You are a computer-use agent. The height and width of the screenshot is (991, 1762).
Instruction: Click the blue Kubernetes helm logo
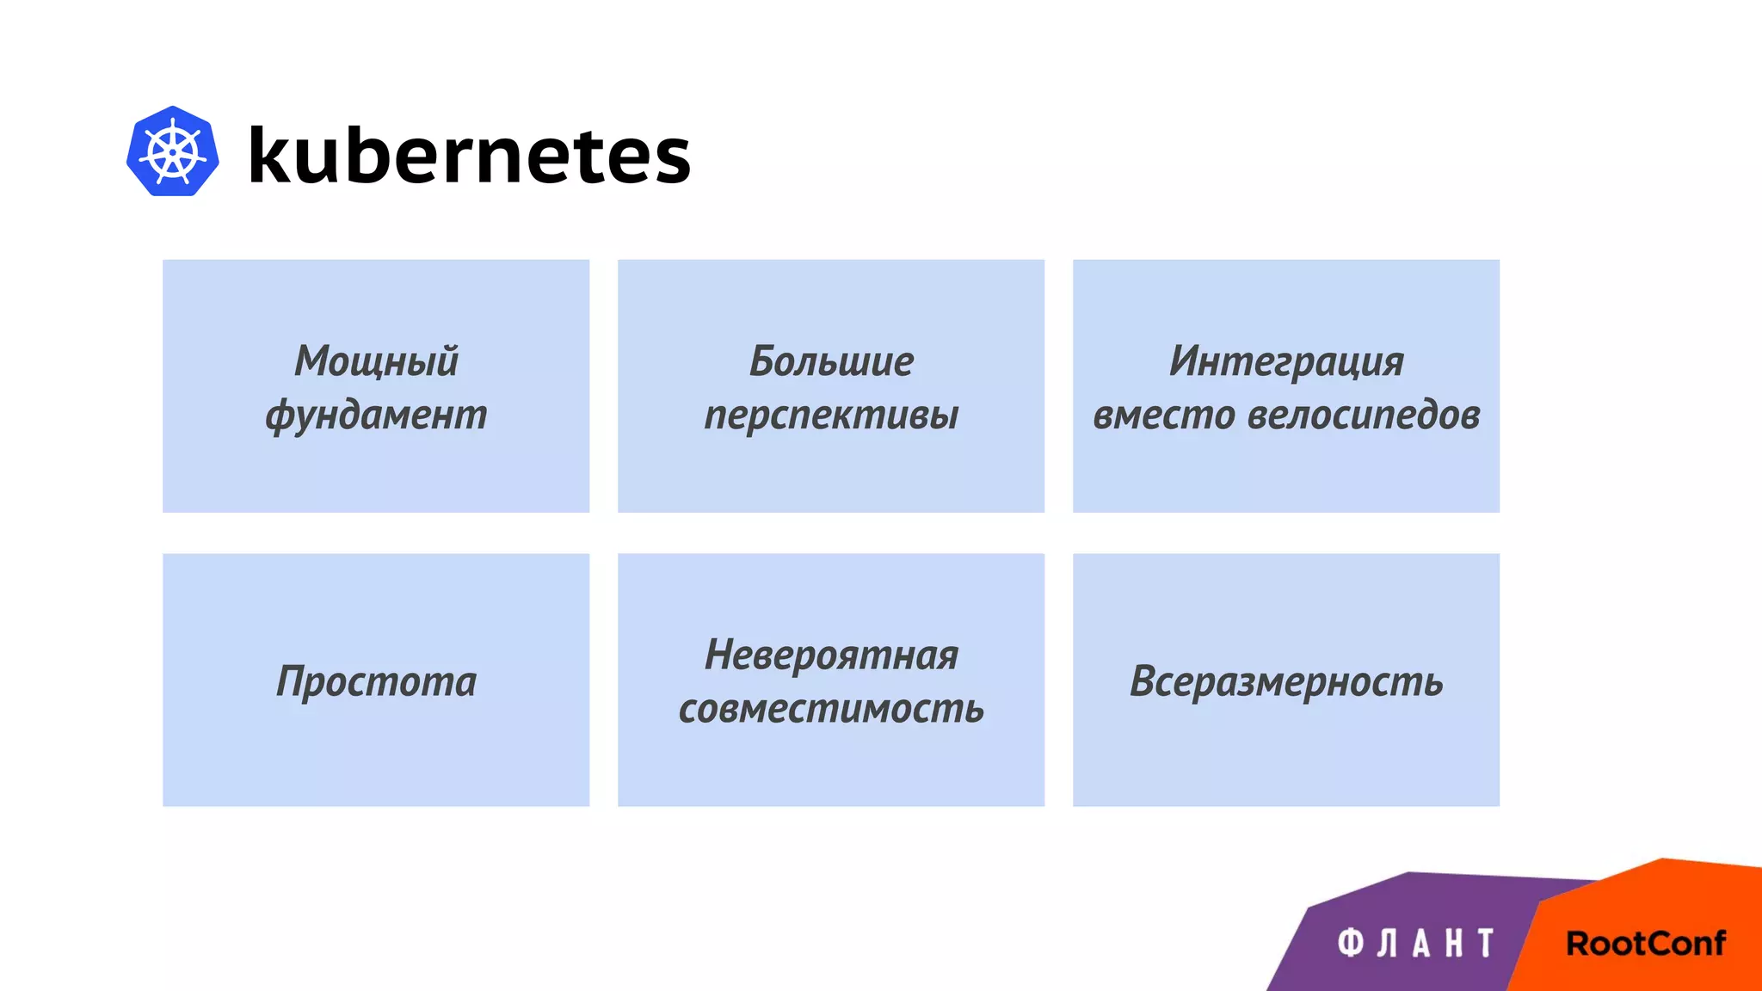[x=172, y=151]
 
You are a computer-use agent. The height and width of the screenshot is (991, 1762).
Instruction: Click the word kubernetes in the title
[x=469, y=155]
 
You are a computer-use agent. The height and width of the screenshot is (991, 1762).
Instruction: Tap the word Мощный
[x=376, y=360]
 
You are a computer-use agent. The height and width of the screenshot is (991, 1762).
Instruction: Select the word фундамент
[x=376, y=415]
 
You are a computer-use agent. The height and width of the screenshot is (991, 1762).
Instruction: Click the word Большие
[x=831, y=360]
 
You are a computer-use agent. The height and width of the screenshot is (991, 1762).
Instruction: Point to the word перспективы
[x=831, y=415]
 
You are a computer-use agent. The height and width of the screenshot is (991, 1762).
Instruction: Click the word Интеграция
[x=1285, y=360]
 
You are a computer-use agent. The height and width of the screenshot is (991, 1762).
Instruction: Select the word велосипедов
[x=1364, y=415]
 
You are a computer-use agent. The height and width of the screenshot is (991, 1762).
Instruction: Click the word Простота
[x=376, y=681]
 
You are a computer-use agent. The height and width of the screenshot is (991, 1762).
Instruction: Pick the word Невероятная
[x=831, y=655]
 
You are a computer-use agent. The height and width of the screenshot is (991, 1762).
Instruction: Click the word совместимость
[x=831, y=709]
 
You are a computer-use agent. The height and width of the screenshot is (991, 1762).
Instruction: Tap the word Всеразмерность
[x=1285, y=681]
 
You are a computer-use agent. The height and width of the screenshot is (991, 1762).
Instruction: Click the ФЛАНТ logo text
[x=1416, y=943]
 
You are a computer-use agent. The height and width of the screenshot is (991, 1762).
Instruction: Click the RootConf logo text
[x=1645, y=944]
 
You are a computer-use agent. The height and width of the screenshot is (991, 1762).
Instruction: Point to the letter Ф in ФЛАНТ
[x=1351, y=943]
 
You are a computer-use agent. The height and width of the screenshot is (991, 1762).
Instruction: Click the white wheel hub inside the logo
[x=173, y=152]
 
